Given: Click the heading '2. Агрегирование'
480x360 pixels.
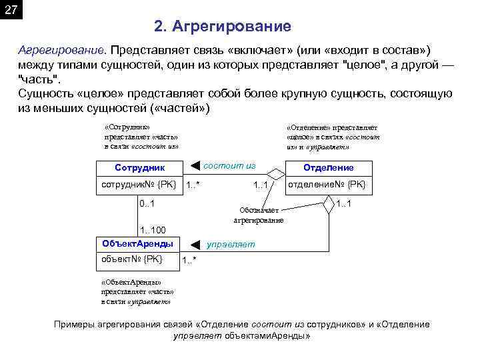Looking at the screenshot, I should pos(222,27).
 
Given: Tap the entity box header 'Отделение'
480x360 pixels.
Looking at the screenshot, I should pos(329,168).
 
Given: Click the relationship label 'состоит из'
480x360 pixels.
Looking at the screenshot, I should pos(229,164).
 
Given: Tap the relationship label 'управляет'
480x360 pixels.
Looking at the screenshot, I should pos(231,244).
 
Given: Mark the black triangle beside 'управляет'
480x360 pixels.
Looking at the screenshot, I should pos(195,245).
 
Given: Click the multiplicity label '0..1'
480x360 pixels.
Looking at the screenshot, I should pos(148,203).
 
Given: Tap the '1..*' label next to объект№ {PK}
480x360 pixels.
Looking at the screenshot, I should pos(189,261).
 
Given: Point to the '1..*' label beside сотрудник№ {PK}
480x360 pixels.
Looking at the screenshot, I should pos(193,185).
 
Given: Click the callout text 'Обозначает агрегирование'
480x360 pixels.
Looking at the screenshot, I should pos(258,215).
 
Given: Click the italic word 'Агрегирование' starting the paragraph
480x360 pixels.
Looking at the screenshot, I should pos(61,51).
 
